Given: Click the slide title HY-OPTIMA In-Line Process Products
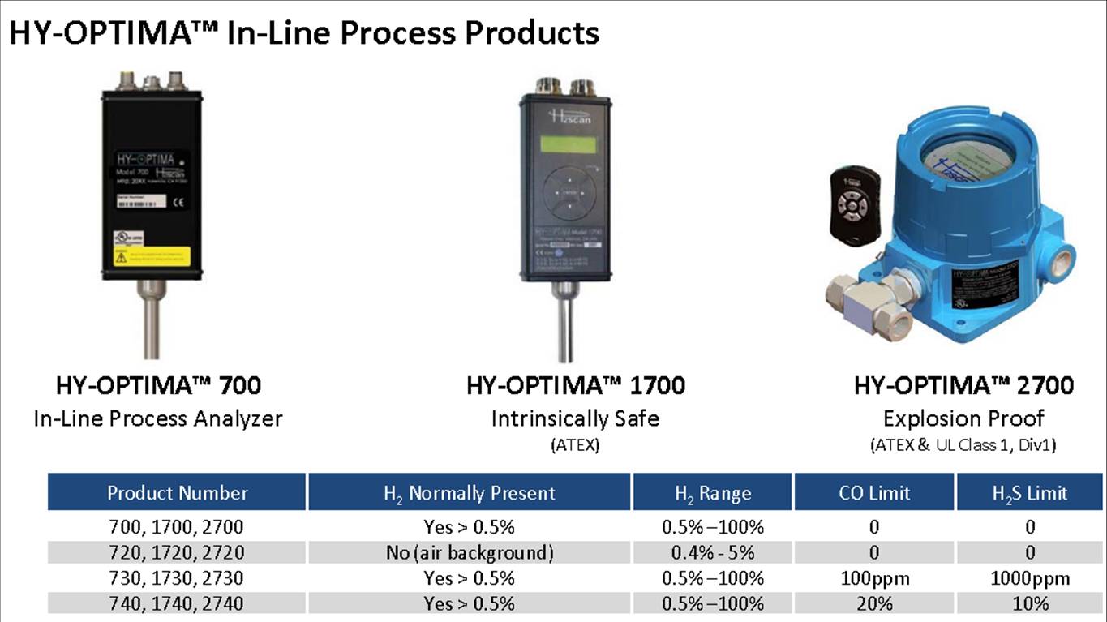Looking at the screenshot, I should [x=303, y=32].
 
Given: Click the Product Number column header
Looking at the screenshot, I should [x=177, y=492].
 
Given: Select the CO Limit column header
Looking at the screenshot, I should [x=873, y=492].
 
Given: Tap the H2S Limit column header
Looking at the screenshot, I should [x=1029, y=492].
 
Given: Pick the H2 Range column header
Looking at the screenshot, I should [x=712, y=492].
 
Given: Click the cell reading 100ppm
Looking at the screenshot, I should [x=873, y=578].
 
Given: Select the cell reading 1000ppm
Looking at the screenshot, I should [x=1029, y=578].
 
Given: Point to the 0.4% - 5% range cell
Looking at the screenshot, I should [x=712, y=552].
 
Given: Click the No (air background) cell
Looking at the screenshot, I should [x=469, y=552].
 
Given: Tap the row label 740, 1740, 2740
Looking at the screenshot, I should [x=176, y=603].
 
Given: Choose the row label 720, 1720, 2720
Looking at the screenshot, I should [x=176, y=552].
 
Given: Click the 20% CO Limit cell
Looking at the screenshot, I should [x=873, y=603].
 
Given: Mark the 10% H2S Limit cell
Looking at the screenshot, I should [x=1029, y=603].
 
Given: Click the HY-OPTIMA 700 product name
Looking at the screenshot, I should [x=158, y=384].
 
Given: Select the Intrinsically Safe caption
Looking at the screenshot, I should [x=575, y=418].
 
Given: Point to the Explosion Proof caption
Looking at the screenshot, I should [x=963, y=418].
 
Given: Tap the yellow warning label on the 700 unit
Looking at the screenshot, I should [x=152, y=255].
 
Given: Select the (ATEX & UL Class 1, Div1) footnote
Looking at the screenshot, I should [x=963, y=444].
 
